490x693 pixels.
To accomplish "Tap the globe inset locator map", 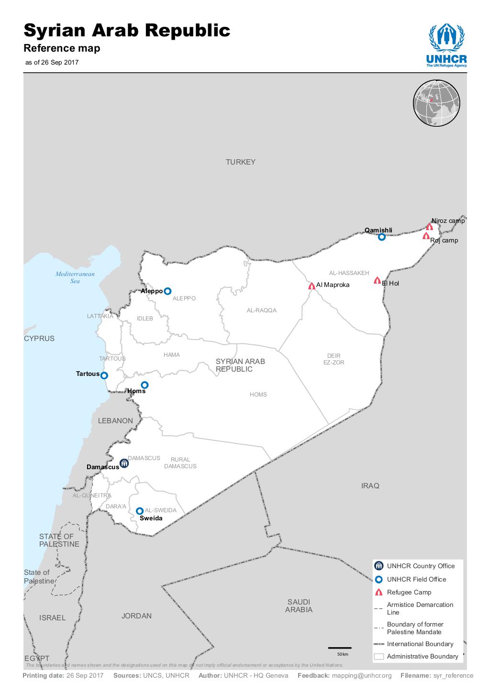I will [436, 104].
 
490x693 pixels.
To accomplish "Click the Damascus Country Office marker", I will [124, 463].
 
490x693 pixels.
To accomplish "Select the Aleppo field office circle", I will [167, 291].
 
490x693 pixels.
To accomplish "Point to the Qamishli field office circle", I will [381, 237].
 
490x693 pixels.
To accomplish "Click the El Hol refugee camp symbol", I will [377, 281].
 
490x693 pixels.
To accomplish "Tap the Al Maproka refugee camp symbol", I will [312, 286].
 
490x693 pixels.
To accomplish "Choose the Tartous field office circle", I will [104, 375].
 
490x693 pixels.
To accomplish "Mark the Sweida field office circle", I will [140, 511].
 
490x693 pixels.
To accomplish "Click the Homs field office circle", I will [145, 385].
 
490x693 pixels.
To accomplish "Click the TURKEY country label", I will [241, 162].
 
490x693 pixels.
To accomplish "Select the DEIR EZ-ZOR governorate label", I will [334, 359].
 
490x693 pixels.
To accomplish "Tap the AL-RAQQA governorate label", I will [262, 310].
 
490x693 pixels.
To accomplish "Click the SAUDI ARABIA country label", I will [299, 606].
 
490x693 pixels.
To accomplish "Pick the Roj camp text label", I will [444, 241].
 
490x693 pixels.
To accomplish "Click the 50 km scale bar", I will [340, 648].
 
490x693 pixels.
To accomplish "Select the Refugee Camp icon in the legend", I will [379, 593].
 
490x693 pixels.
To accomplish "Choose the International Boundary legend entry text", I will [420, 644].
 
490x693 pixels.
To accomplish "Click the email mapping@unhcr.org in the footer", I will [362, 676].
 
